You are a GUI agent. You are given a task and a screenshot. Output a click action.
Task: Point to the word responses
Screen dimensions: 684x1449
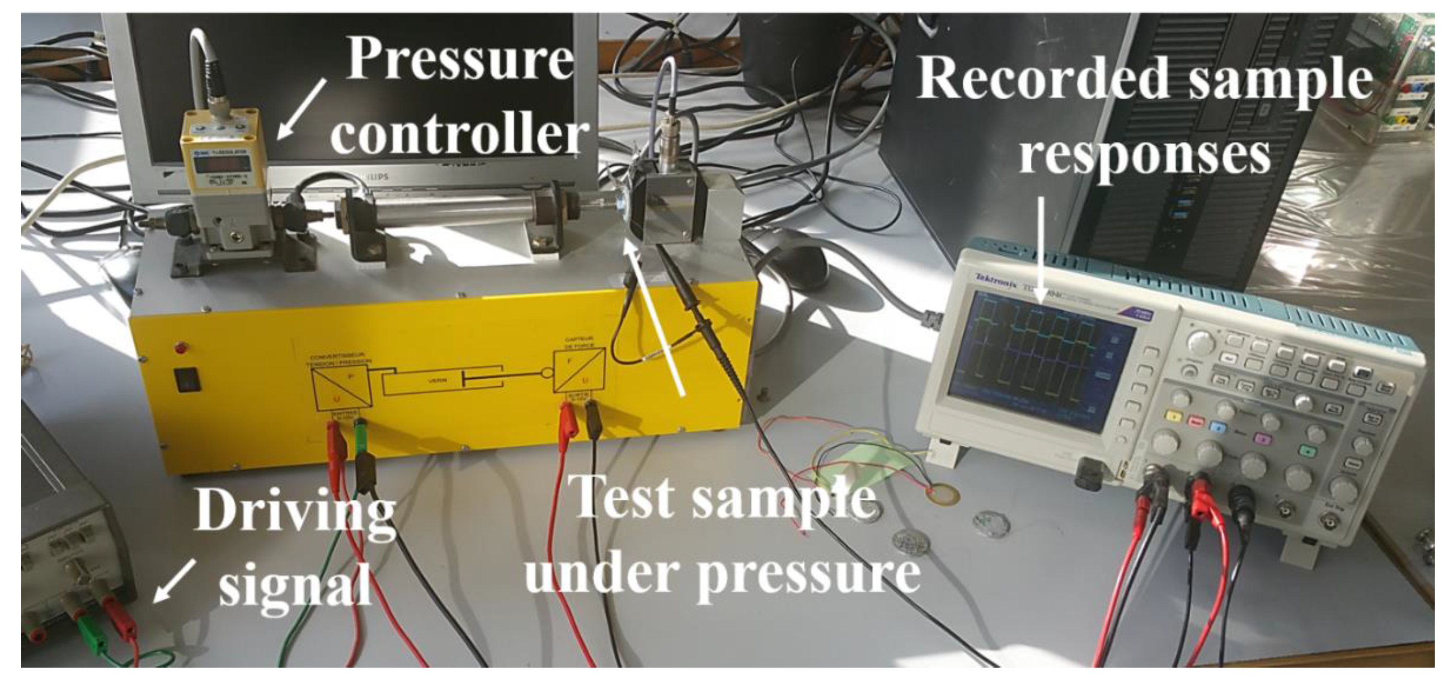[x=1145, y=152]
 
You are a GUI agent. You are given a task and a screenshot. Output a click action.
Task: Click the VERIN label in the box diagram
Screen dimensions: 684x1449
[x=434, y=380]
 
